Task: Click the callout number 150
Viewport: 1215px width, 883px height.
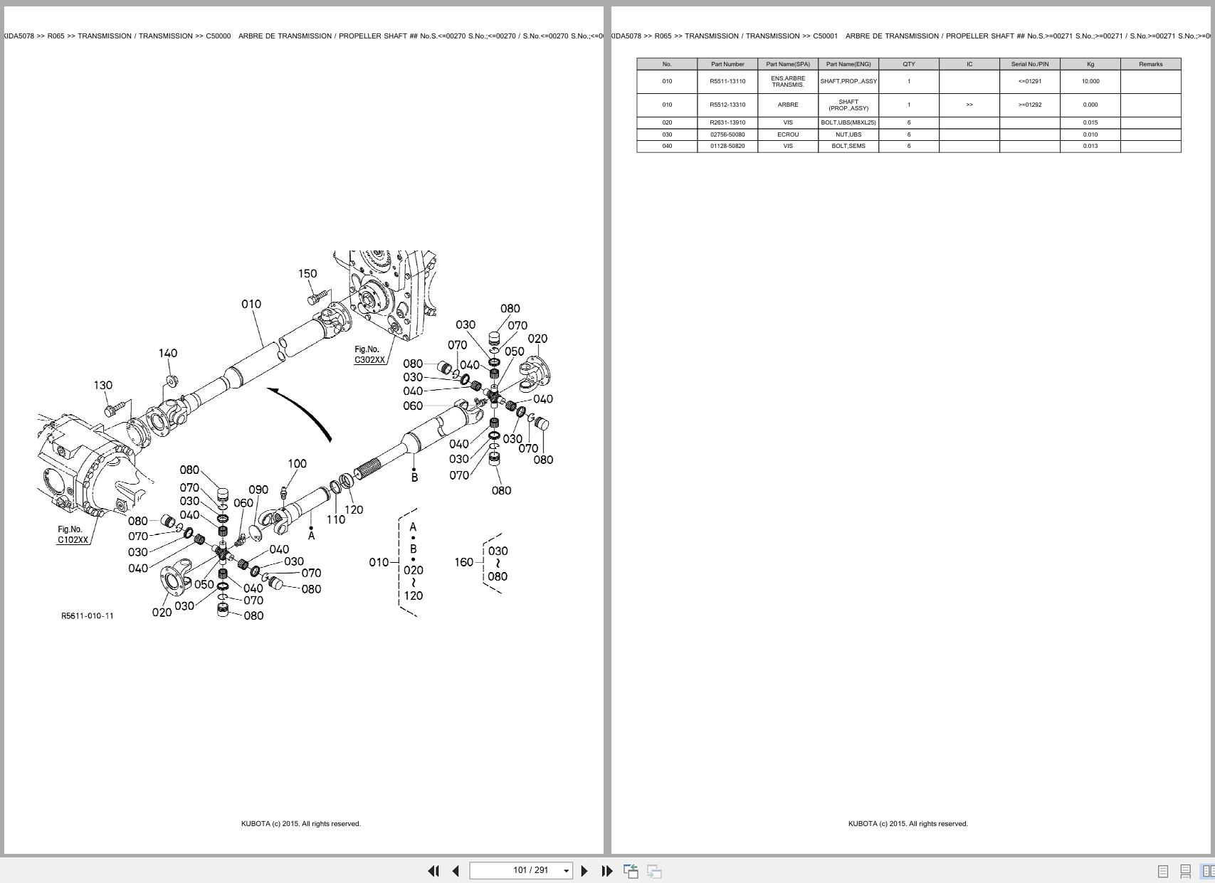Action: (307, 273)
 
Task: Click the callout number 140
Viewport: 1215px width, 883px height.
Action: (168, 353)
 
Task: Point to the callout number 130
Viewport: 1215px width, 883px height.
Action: (103, 385)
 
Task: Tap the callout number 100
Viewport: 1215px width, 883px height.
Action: (297, 463)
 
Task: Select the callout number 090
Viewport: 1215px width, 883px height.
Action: (258, 490)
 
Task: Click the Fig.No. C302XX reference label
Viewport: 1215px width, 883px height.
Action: (369, 354)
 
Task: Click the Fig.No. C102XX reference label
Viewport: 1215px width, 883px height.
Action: (72, 534)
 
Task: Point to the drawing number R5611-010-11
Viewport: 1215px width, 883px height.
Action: (87, 615)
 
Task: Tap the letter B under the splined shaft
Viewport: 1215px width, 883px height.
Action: (414, 477)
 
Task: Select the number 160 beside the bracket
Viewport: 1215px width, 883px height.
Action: (464, 562)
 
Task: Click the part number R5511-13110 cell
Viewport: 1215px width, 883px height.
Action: (727, 81)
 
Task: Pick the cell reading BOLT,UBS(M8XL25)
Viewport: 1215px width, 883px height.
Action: (848, 122)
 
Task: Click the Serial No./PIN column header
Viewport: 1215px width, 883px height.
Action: (1029, 64)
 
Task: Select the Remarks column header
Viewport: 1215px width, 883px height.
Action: (1150, 64)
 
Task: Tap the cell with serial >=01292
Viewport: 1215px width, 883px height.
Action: (1029, 105)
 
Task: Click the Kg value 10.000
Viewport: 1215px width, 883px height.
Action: (1090, 81)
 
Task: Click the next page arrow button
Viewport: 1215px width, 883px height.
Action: (584, 870)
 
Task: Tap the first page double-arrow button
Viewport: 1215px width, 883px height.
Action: (433, 870)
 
